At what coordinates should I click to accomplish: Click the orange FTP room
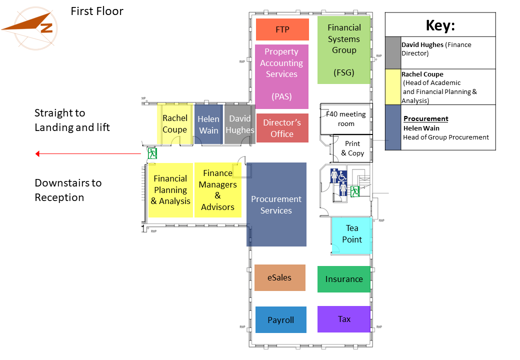tap(282, 29)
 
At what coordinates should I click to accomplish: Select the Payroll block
tap(281, 319)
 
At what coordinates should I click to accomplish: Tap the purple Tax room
tap(344, 319)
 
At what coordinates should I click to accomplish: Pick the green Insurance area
tap(344, 279)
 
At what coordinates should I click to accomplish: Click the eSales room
tap(279, 278)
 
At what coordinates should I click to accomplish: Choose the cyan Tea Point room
tap(352, 235)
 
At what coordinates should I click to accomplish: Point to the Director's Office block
tap(282, 128)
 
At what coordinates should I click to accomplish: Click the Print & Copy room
tap(352, 148)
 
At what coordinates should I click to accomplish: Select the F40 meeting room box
tap(346, 118)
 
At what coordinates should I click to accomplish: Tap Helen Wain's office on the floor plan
tap(208, 124)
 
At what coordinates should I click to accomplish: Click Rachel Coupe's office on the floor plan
tap(175, 124)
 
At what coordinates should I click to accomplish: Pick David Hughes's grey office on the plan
tap(240, 124)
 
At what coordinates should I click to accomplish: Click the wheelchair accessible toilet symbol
tap(342, 175)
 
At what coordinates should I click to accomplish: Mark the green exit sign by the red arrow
tap(152, 153)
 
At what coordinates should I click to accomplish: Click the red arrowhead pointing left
tap(37, 154)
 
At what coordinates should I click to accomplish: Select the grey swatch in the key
tap(393, 52)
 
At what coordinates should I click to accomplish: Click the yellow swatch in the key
tap(393, 87)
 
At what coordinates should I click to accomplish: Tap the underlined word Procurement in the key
tap(426, 118)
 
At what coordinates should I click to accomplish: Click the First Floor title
tap(97, 11)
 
